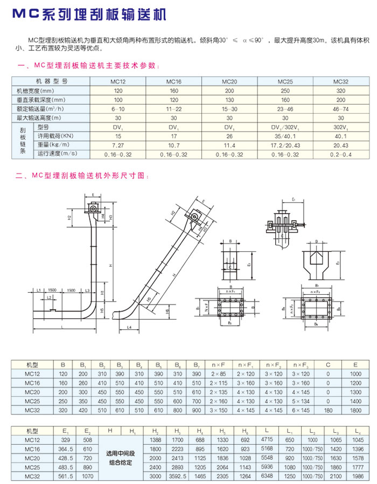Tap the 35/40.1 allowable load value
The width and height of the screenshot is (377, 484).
point(285,136)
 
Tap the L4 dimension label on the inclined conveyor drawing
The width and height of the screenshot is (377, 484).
point(130,327)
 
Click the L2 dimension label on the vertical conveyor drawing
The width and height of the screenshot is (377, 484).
point(49,297)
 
